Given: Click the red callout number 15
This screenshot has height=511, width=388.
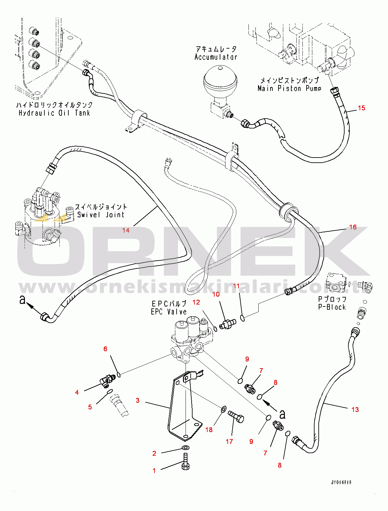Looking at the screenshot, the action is (x=361, y=108).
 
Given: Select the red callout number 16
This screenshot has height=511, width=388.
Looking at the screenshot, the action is (x=353, y=227).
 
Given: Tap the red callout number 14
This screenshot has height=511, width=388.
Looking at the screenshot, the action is (x=126, y=230).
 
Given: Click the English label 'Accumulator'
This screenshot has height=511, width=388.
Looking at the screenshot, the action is (x=216, y=57).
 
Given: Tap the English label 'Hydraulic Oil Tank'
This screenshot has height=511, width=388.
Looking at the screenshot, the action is (x=54, y=113).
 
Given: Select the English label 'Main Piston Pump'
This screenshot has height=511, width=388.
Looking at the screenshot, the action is (x=290, y=89).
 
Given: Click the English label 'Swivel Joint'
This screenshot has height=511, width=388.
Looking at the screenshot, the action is (x=101, y=215).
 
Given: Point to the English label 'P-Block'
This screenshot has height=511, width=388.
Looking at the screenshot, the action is (x=332, y=307).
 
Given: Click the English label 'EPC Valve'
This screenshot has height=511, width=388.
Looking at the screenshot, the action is (x=169, y=312).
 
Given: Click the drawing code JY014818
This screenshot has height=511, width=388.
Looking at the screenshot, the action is (x=341, y=482).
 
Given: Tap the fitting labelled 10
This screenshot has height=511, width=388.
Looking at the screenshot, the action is (x=228, y=324).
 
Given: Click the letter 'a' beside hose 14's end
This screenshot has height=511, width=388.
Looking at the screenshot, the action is (x=22, y=300).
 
